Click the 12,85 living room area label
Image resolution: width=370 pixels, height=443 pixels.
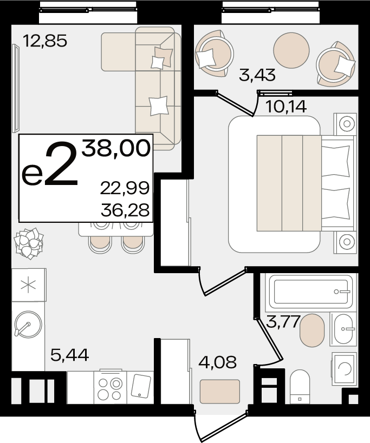point(45,41)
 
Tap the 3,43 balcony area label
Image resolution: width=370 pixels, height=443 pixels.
point(257,75)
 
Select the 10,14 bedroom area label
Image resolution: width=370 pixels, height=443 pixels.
point(286,107)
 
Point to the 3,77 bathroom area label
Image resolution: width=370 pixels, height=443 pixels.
point(283,321)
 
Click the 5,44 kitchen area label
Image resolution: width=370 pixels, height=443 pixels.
point(69,355)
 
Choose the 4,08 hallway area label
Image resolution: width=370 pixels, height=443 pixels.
point(217,362)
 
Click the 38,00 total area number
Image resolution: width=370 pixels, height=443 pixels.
point(116,148)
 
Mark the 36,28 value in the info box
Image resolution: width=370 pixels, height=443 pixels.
point(125,210)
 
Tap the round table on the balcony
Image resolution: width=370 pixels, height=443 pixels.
point(291,50)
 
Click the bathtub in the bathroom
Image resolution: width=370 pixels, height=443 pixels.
point(311,292)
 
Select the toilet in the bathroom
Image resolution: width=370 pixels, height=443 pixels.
point(300,387)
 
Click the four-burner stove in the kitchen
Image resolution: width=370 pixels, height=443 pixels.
point(111,387)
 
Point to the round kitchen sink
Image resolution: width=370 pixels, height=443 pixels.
point(28,324)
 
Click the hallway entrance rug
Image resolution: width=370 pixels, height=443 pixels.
point(220,391)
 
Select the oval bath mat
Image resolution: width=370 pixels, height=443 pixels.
point(312,330)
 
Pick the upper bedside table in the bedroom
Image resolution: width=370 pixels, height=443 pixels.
point(345,124)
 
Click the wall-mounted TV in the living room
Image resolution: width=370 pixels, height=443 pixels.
point(16,88)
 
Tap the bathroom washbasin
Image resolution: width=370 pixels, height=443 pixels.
point(343,329)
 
